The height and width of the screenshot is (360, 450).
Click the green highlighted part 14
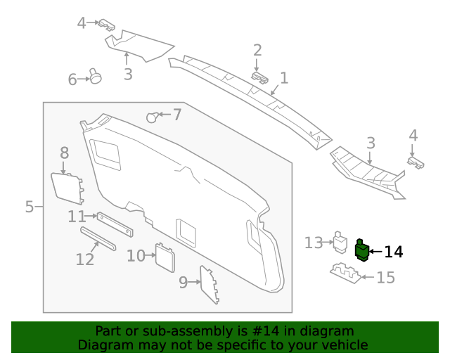tap(362, 250)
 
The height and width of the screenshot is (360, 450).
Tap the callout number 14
tap(394, 252)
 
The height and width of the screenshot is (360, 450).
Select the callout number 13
tap(313, 243)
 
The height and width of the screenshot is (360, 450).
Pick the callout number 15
tap(386, 278)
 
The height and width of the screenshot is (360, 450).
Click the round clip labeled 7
tap(151, 117)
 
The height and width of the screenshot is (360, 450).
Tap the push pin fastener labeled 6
tap(95, 76)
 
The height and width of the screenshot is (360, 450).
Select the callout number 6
tap(72, 80)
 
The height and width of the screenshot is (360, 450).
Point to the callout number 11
tap(77, 217)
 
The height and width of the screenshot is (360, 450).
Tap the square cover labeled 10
tap(165, 257)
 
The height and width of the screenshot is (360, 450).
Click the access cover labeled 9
tap(210, 284)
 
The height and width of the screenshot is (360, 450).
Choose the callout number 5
tap(30, 207)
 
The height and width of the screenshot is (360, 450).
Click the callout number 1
tap(284, 77)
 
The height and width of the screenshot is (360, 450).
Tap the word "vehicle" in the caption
tap(345, 345)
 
